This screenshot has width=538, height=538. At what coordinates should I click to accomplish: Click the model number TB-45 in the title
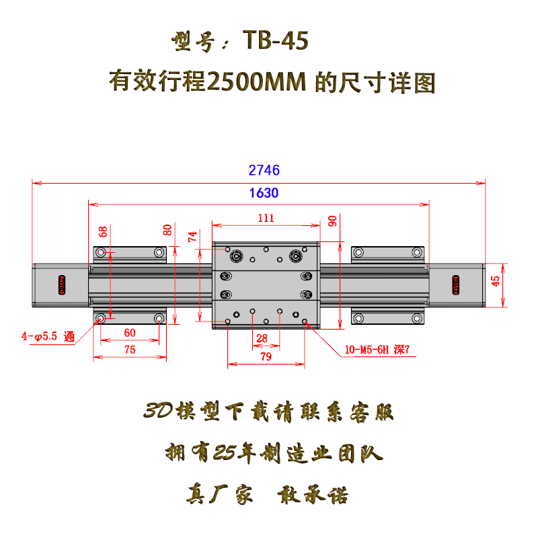(276, 42)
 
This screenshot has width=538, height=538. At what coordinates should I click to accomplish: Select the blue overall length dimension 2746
(264, 170)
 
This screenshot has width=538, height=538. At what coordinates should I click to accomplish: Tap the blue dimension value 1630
(264, 193)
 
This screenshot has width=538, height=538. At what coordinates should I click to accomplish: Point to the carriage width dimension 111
(266, 217)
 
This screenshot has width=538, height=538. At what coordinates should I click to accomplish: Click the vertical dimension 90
(332, 221)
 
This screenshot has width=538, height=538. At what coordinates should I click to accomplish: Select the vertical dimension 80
(168, 230)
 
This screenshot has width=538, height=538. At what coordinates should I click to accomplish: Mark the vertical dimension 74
(193, 236)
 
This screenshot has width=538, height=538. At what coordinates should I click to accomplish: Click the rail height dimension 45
(496, 281)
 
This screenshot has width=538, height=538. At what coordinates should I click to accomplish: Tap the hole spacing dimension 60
(129, 332)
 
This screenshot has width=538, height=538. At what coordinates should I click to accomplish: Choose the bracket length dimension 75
(129, 349)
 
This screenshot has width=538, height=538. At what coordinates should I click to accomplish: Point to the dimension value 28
(262, 338)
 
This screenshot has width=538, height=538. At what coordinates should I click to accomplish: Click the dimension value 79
(266, 357)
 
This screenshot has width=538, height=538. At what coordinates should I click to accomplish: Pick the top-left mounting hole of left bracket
(101, 253)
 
